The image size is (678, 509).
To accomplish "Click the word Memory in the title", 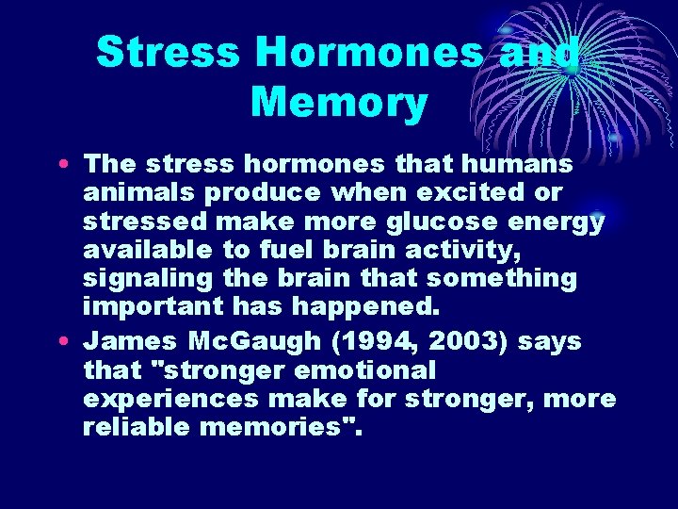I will (x=338, y=103).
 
